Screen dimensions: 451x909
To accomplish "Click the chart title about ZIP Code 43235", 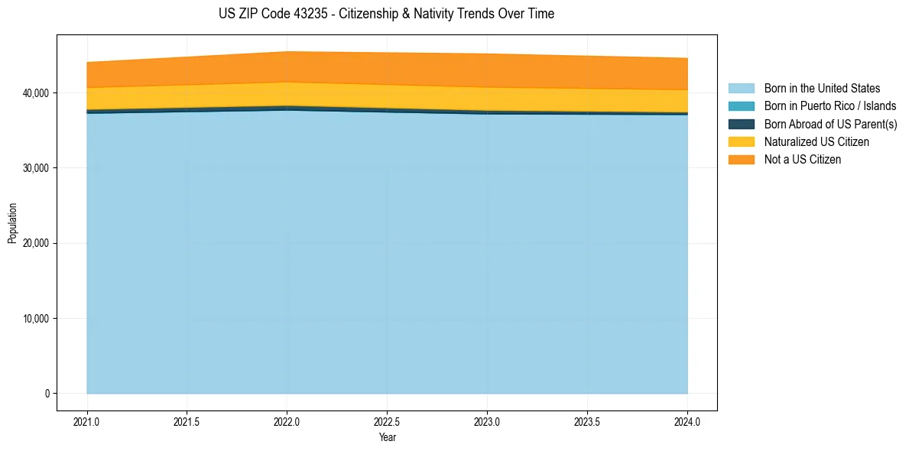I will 386,14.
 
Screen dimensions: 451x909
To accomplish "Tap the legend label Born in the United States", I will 822,89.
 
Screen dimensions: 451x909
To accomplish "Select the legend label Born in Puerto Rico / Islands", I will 830,106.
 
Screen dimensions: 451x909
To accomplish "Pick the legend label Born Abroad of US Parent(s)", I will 830,124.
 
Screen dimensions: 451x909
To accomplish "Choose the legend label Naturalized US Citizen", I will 816,142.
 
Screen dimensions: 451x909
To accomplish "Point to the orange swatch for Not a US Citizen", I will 741,160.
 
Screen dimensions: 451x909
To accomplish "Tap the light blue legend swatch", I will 741,89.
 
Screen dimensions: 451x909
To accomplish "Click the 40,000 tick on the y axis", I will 35,92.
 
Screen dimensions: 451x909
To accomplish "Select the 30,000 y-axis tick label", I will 35,168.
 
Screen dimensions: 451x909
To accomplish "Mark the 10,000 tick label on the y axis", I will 35,319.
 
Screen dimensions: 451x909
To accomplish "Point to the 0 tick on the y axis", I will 46,394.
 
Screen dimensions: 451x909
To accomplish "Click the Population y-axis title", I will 12,222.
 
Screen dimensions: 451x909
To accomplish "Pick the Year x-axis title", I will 387,437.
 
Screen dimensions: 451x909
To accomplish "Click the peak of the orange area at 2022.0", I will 287,53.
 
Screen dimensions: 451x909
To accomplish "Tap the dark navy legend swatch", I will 741,124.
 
